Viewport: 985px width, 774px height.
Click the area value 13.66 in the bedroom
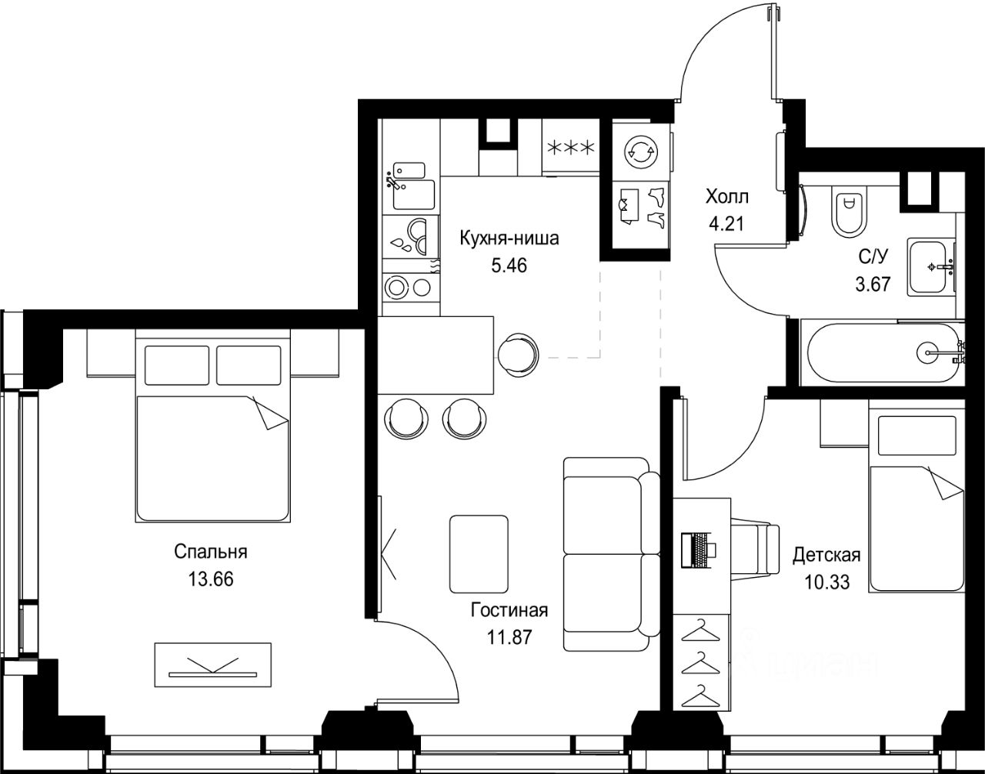(x=211, y=579)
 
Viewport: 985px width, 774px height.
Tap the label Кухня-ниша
(x=509, y=239)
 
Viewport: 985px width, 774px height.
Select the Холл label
(x=726, y=197)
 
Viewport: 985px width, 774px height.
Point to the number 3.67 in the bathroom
(x=873, y=284)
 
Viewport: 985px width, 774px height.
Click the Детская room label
(x=826, y=555)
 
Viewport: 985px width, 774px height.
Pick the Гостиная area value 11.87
(x=509, y=638)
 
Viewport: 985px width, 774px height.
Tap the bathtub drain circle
(x=928, y=352)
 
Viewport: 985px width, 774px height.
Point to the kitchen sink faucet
(x=393, y=182)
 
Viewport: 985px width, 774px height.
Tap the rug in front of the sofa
(x=479, y=554)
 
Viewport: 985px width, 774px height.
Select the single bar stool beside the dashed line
(x=518, y=355)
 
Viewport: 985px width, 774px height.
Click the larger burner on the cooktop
(x=396, y=287)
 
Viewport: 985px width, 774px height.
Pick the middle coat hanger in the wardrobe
(x=701, y=664)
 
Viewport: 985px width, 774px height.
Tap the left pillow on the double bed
(x=177, y=365)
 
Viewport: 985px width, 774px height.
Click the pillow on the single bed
(x=917, y=435)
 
